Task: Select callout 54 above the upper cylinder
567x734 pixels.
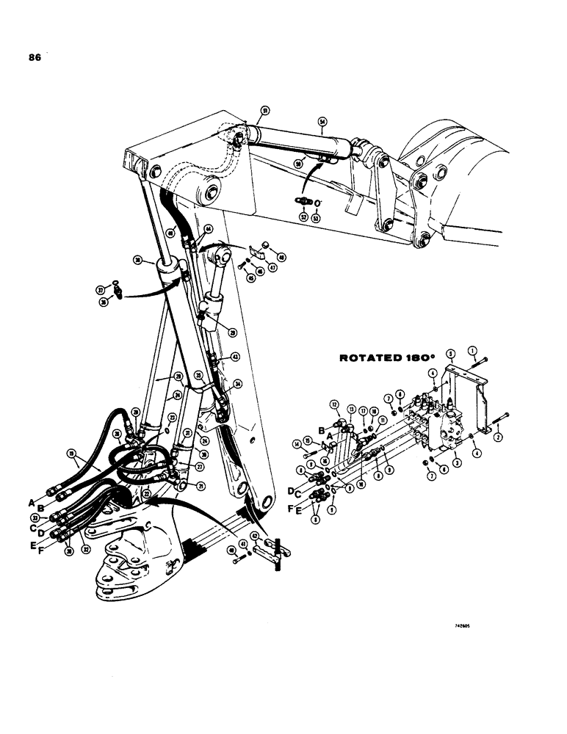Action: (322, 122)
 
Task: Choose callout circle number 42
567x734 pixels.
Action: (255, 535)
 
